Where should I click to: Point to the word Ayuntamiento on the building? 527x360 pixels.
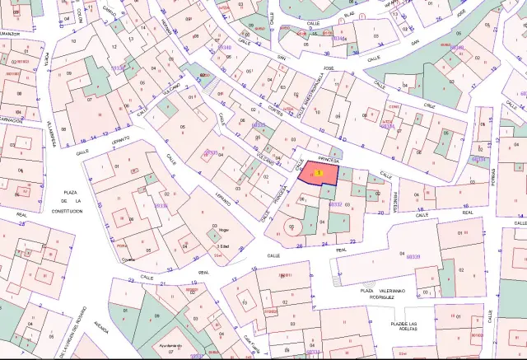[170, 347]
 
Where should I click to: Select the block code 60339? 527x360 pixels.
[412, 257]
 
